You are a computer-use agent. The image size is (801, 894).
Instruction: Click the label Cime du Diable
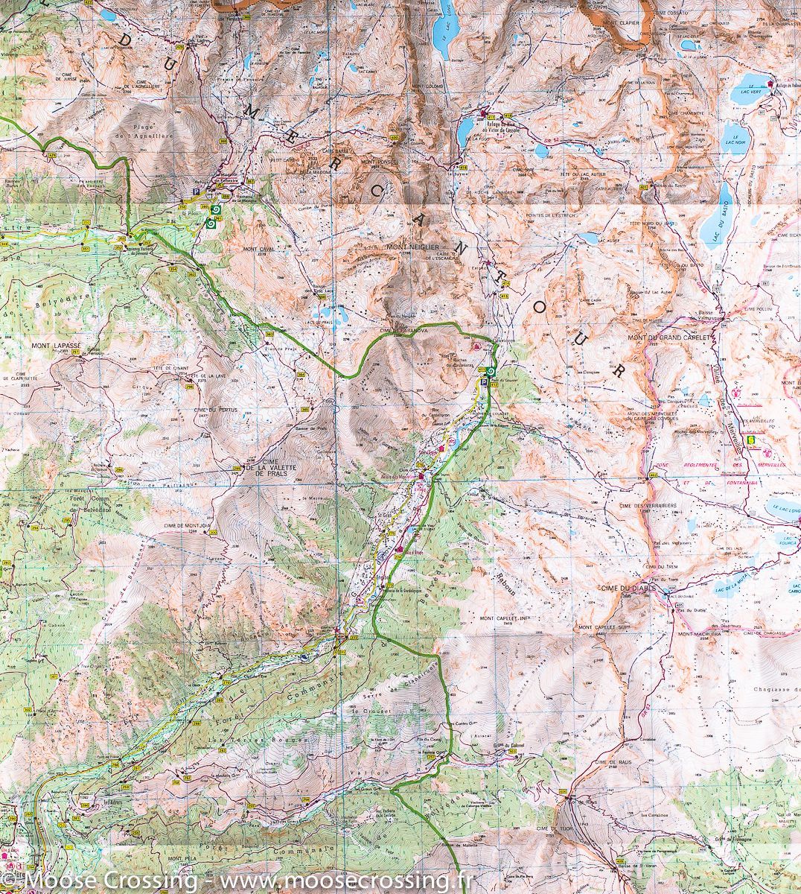625,588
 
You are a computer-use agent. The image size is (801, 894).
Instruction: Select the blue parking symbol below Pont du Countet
484,383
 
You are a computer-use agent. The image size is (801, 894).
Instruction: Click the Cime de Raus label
604,763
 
